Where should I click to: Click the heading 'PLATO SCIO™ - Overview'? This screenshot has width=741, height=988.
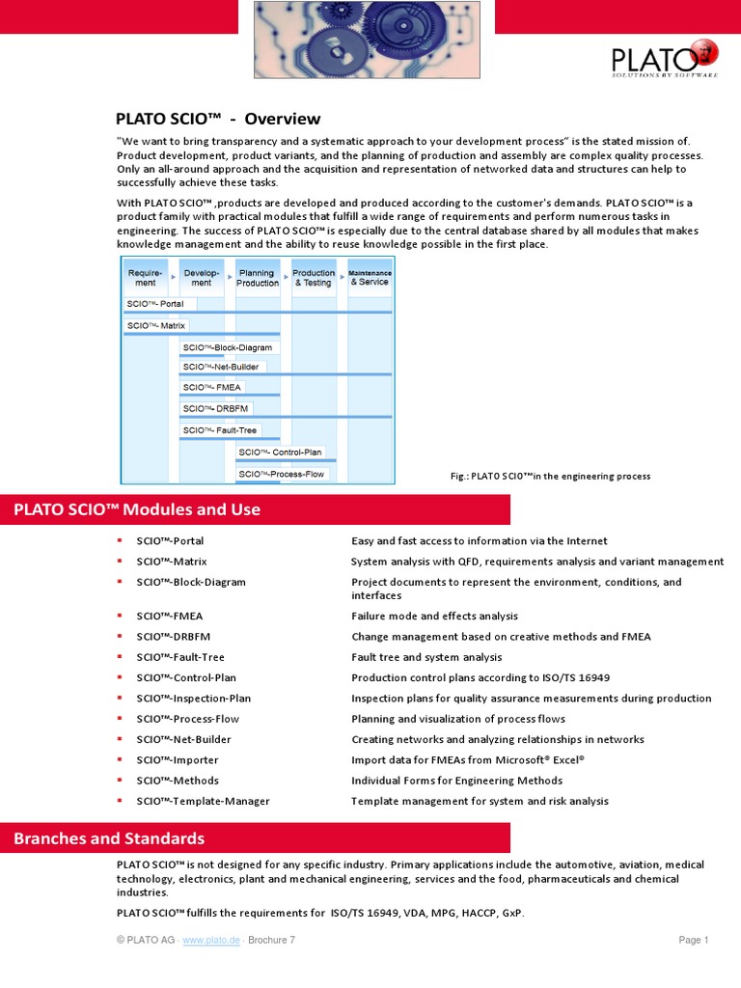(218, 119)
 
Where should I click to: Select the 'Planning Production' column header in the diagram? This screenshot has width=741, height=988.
(258, 278)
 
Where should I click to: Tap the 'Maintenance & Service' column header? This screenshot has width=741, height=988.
(370, 278)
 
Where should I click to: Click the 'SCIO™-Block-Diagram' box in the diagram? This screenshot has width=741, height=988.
(230, 347)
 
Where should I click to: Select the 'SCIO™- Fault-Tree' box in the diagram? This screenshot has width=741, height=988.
(220, 430)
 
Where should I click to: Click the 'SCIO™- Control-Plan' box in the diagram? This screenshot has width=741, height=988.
(281, 452)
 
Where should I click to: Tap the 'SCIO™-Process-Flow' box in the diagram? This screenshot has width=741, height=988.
(282, 474)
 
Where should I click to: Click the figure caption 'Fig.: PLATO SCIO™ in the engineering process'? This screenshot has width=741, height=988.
(550, 476)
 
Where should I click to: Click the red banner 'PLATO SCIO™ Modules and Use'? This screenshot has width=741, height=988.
(137, 509)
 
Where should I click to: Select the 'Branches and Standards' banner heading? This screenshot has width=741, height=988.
(109, 838)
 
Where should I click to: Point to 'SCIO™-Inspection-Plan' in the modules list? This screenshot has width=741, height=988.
(193, 699)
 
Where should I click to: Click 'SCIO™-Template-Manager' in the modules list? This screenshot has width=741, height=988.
(203, 801)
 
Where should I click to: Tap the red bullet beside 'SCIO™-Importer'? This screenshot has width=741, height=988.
(120, 760)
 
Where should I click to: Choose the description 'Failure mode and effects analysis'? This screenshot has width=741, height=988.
(434, 616)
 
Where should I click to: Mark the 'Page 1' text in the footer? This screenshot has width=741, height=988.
(693, 941)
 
